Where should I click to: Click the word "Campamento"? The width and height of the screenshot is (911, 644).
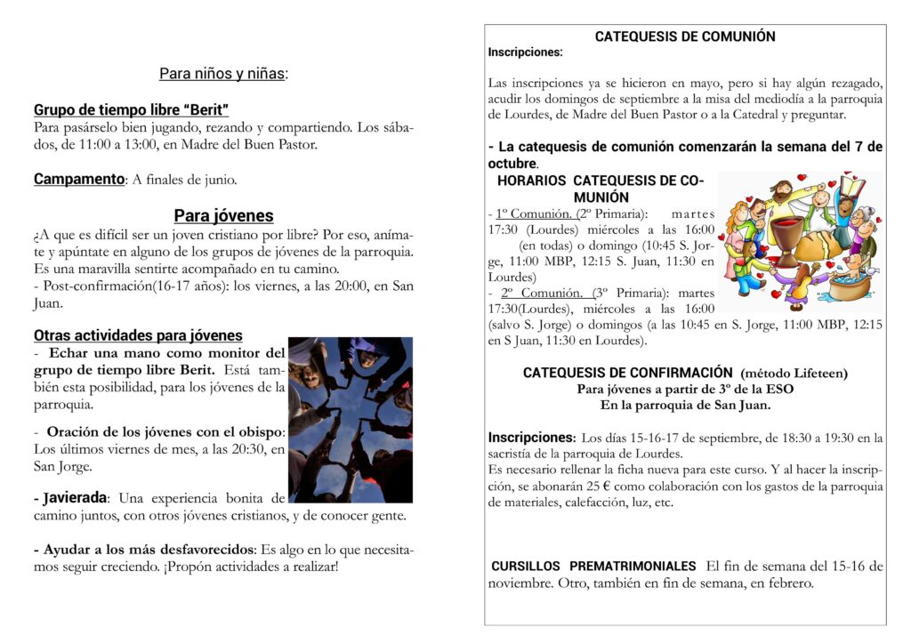pyautogui.click(x=78, y=179)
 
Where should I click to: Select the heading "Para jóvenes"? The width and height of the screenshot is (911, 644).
pyautogui.click(x=223, y=215)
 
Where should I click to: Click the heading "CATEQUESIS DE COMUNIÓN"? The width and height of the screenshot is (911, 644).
pyautogui.click(x=684, y=36)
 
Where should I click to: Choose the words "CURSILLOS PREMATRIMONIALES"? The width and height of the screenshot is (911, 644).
pyautogui.click(x=593, y=566)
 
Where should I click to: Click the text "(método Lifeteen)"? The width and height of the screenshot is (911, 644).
pyautogui.click(x=794, y=373)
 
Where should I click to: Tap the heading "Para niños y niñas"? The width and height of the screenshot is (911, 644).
pyautogui.click(x=223, y=74)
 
